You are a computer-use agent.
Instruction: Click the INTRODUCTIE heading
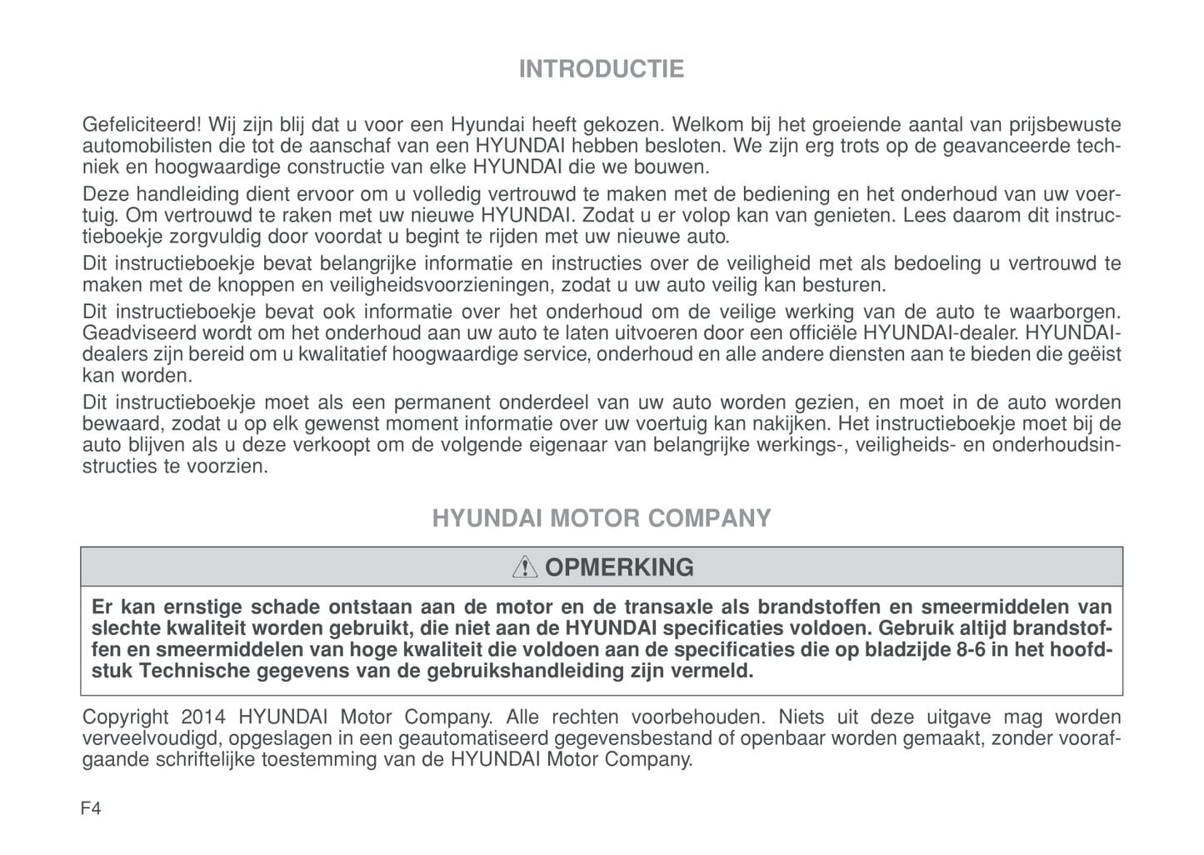[x=601, y=68]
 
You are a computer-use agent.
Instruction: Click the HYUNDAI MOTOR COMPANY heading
[x=601, y=518]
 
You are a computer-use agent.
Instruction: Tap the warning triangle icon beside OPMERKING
[x=525, y=567]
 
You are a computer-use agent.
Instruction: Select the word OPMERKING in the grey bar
[x=619, y=567]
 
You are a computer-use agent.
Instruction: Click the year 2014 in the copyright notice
[x=202, y=717]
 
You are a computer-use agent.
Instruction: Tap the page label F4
[x=92, y=808]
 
